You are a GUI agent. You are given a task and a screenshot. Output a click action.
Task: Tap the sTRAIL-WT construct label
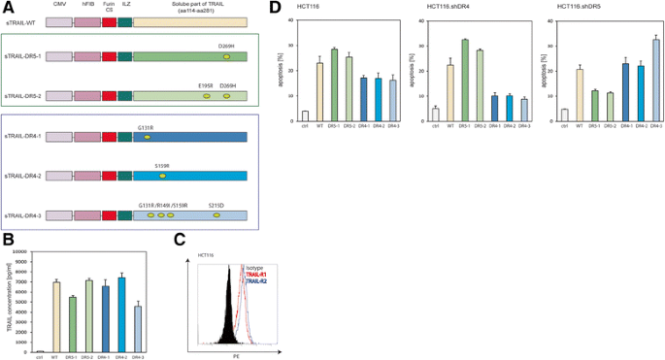coord(22,22)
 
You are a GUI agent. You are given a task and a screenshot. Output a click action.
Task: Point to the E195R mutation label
coord(206,85)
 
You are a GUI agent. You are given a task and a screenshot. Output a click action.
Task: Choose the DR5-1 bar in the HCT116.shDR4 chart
coord(468,81)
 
